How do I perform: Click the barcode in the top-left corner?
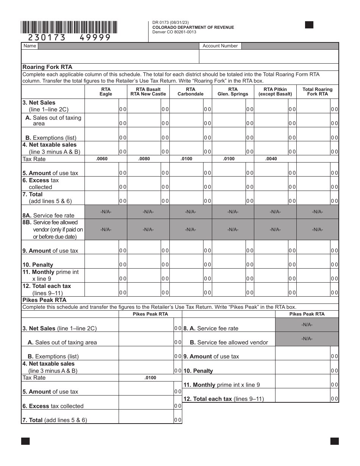(x=69, y=27)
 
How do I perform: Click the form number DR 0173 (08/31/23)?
(x=169, y=23)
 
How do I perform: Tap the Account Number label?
(x=220, y=46)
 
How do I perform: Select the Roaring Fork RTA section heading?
(x=47, y=67)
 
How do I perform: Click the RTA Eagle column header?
(x=106, y=92)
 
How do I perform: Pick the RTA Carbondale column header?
(x=191, y=92)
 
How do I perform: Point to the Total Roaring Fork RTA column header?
(x=318, y=92)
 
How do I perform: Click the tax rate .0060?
(x=102, y=159)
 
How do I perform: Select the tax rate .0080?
(x=144, y=159)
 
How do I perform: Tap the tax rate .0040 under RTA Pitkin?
(x=271, y=159)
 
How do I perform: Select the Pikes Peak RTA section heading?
(x=45, y=300)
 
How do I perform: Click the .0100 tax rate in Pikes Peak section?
(x=150, y=378)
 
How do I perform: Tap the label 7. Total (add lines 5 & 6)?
(x=55, y=420)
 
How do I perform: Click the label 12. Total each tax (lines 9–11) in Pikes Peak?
(x=224, y=399)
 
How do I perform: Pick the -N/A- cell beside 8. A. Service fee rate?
(x=307, y=325)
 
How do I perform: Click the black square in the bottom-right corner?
(x=335, y=441)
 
